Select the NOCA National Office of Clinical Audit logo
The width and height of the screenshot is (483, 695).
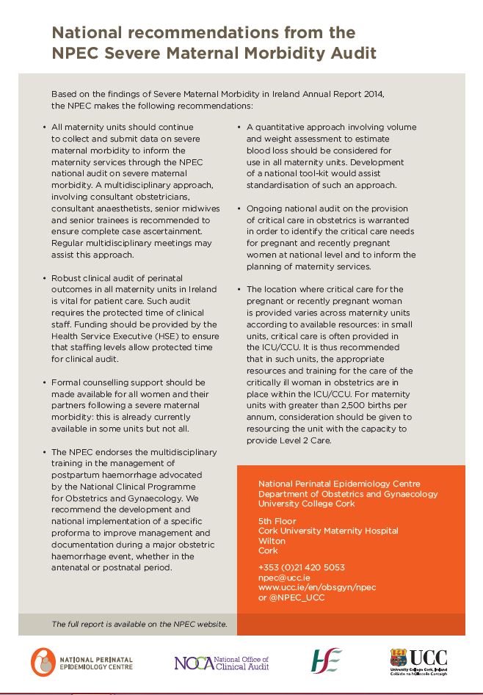[221, 663]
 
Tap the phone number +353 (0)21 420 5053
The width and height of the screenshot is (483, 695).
[301, 567]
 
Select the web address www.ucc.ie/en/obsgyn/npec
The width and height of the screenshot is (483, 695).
[317, 588]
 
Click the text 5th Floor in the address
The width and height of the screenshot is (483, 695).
[277, 520]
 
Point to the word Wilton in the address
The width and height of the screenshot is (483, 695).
[272, 541]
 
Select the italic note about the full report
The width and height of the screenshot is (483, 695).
[139, 625]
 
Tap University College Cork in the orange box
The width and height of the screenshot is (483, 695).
[306, 504]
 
